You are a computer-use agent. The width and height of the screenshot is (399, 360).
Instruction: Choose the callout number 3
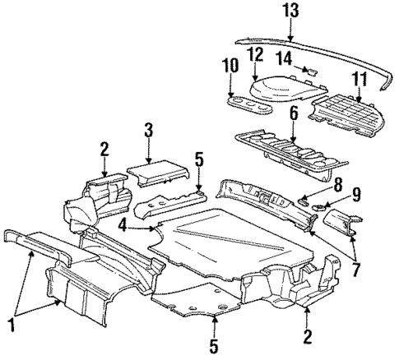coord(148,129)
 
